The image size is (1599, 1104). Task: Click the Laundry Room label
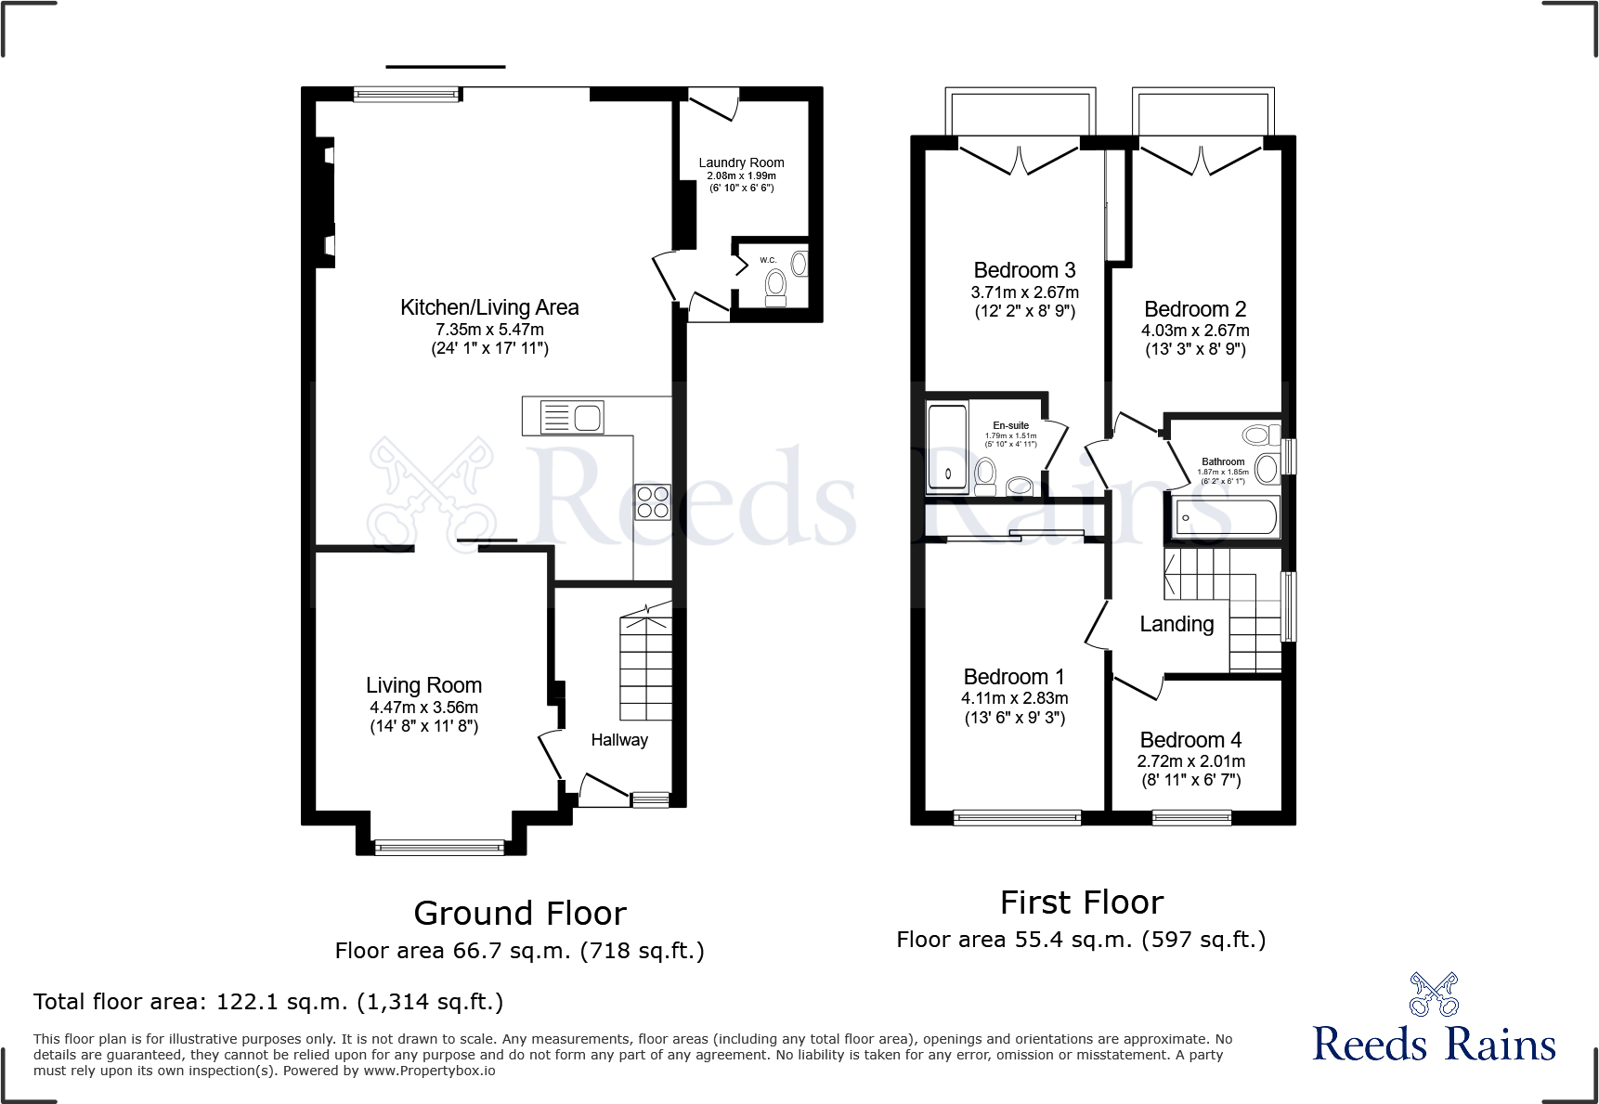tap(741, 162)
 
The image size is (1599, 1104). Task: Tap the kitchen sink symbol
tap(572, 417)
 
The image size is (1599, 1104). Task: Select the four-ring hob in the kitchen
tap(653, 502)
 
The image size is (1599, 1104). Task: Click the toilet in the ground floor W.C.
tap(775, 287)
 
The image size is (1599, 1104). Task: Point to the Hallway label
tap(619, 740)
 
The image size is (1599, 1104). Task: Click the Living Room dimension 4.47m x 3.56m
tap(423, 708)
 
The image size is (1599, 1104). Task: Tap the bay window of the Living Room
tap(439, 847)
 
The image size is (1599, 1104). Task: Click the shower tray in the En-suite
tap(947, 447)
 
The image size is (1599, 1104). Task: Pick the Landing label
tap(1176, 624)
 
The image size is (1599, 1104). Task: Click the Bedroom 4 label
tap(1190, 740)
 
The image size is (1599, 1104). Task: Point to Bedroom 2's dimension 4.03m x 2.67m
tap(1195, 331)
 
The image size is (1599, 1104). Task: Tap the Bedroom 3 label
tap(1024, 270)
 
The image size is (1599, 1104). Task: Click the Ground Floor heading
tap(520, 914)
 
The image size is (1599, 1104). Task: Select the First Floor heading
tap(1082, 903)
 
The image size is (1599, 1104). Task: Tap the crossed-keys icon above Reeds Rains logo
tap(1434, 994)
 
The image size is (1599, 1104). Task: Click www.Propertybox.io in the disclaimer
tap(429, 1071)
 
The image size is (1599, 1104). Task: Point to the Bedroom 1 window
tap(1017, 817)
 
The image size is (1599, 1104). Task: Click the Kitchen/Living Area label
tap(489, 307)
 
